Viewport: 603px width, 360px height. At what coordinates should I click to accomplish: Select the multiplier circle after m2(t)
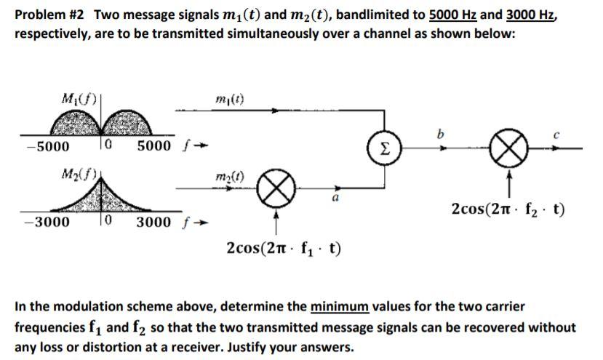tap(274, 193)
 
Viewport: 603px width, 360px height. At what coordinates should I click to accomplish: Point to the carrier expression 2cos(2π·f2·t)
tap(508, 211)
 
